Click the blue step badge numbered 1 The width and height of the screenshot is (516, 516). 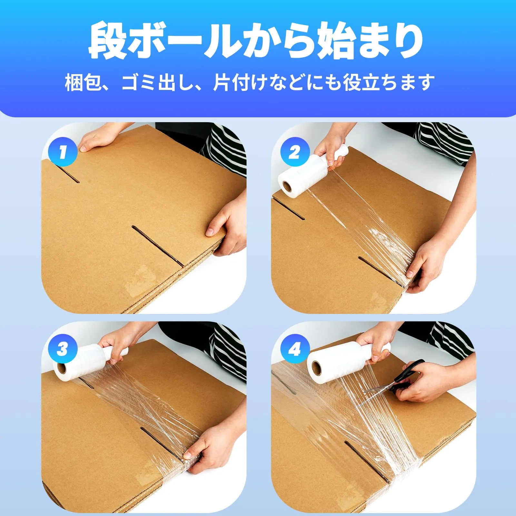[x=63, y=152]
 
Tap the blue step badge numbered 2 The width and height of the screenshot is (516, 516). [x=295, y=152]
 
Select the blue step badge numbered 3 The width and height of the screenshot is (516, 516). [x=63, y=349]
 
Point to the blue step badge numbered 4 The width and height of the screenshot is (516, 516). [x=295, y=349]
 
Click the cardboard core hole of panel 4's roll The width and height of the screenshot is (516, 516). [x=318, y=368]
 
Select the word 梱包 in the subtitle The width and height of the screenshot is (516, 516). [x=84, y=83]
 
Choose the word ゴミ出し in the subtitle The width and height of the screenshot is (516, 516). [x=158, y=83]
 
